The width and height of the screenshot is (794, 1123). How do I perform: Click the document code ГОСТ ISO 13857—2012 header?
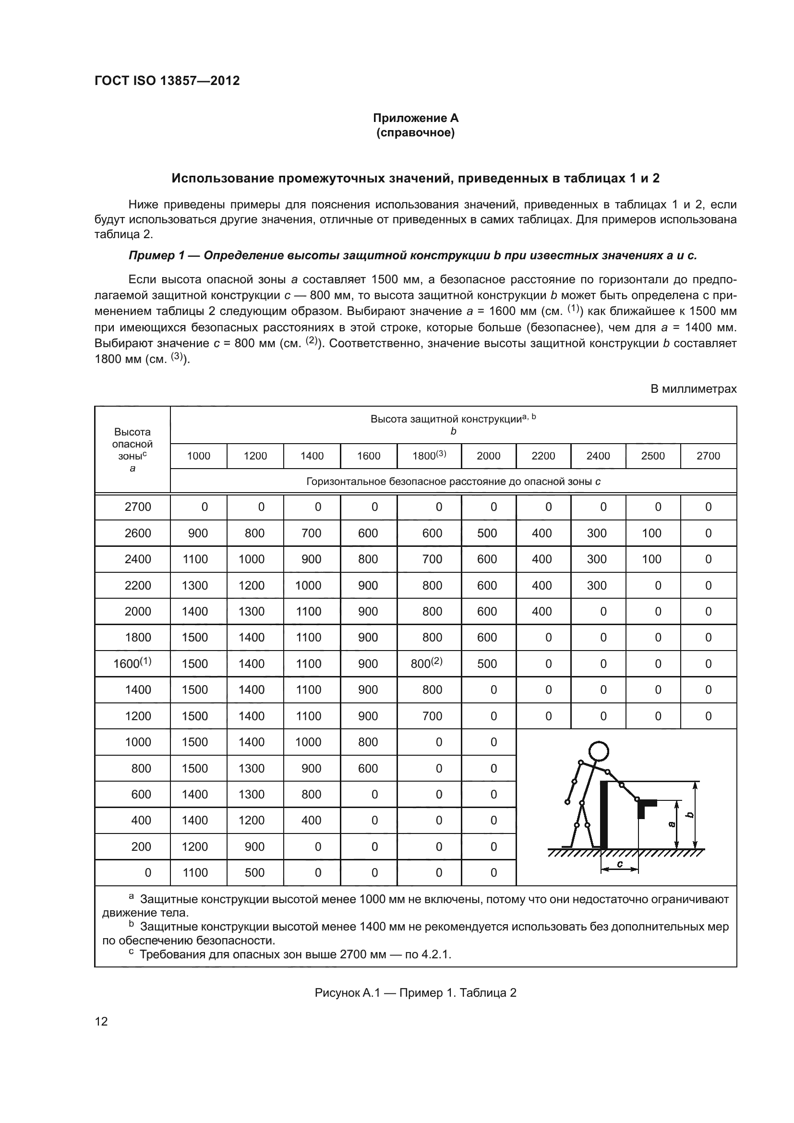tap(167, 81)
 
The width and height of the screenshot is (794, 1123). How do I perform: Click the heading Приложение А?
tap(416, 118)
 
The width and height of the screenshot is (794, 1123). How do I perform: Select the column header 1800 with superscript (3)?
tap(429, 455)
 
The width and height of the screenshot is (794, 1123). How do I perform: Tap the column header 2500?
tap(653, 456)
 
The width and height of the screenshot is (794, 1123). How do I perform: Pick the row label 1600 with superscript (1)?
tap(132, 663)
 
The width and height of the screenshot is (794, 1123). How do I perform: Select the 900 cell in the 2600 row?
tap(198, 533)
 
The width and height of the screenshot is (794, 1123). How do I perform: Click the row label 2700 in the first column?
tap(138, 507)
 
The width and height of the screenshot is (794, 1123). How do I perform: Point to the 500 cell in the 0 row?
tap(254, 872)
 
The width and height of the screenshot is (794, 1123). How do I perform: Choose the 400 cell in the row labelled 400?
tap(311, 820)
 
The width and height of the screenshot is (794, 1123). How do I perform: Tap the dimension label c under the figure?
tap(619, 864)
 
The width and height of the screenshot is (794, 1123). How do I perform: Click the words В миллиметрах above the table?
tap(693, 389)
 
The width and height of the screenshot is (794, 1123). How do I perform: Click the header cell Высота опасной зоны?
tap(132, 449)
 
